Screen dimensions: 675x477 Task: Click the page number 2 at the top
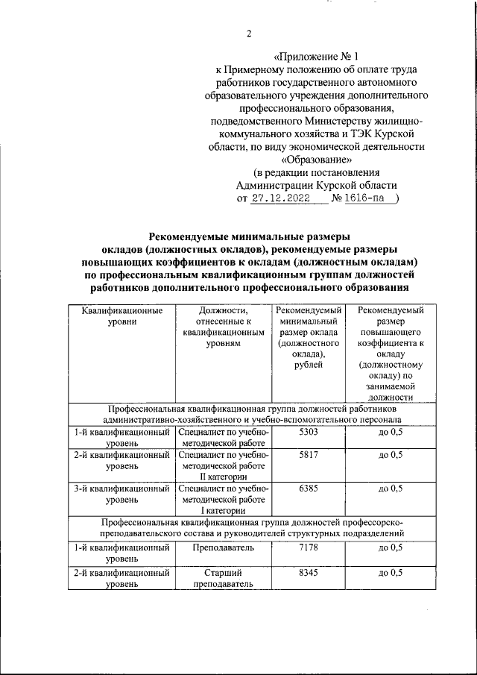(x=249, y=33)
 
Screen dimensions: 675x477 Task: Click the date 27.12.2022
(x=279, y=198)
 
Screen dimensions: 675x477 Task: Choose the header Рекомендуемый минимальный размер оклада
(x=309, y=337)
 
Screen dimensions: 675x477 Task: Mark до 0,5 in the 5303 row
(x=391, y=433)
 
